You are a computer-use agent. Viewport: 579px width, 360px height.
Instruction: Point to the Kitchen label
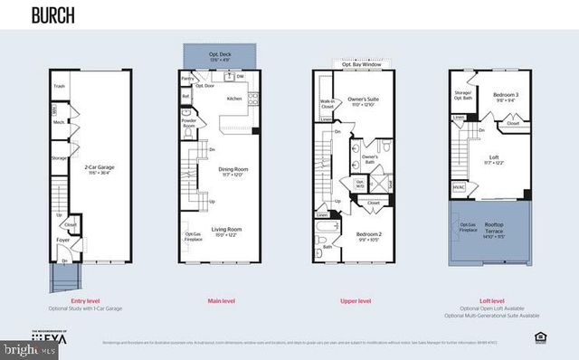click(234, 98)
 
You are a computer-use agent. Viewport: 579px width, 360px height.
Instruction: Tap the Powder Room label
click(188, 122)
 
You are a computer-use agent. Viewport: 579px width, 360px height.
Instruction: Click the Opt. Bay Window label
click(360, 65)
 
